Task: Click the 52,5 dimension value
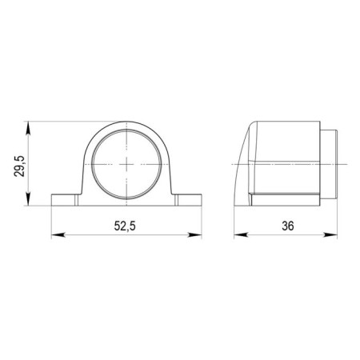tap(125, 226)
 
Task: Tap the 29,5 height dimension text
tap(19, 166)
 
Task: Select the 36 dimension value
tap(288, 226)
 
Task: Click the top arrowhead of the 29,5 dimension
tap(28, 128)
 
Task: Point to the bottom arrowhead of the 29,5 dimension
tap(28, 199)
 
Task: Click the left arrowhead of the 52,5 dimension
tap(58, 235)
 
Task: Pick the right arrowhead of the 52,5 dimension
tap(195, 235)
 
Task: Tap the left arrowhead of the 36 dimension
tap(241, 235)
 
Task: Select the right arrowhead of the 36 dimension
tap(330, 235)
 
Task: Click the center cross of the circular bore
tap(126, 164)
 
